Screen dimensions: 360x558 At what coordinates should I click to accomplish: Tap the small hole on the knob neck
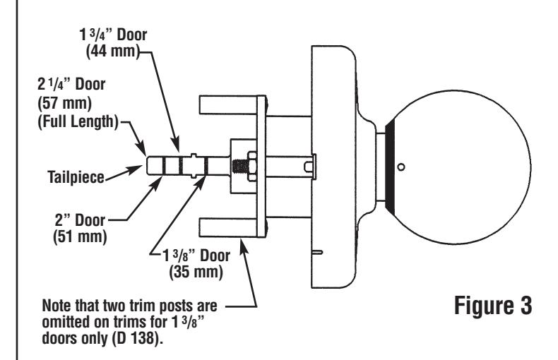click(x=400, y=168)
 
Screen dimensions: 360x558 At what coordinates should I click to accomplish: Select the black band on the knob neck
click(x=389, y=167)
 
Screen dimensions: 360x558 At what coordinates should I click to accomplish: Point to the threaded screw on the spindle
click(x=239, y=167)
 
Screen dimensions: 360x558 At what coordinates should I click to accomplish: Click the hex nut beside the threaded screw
click(x=251, y=167)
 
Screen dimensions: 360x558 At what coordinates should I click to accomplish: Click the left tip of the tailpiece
click(x=148, y=167)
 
